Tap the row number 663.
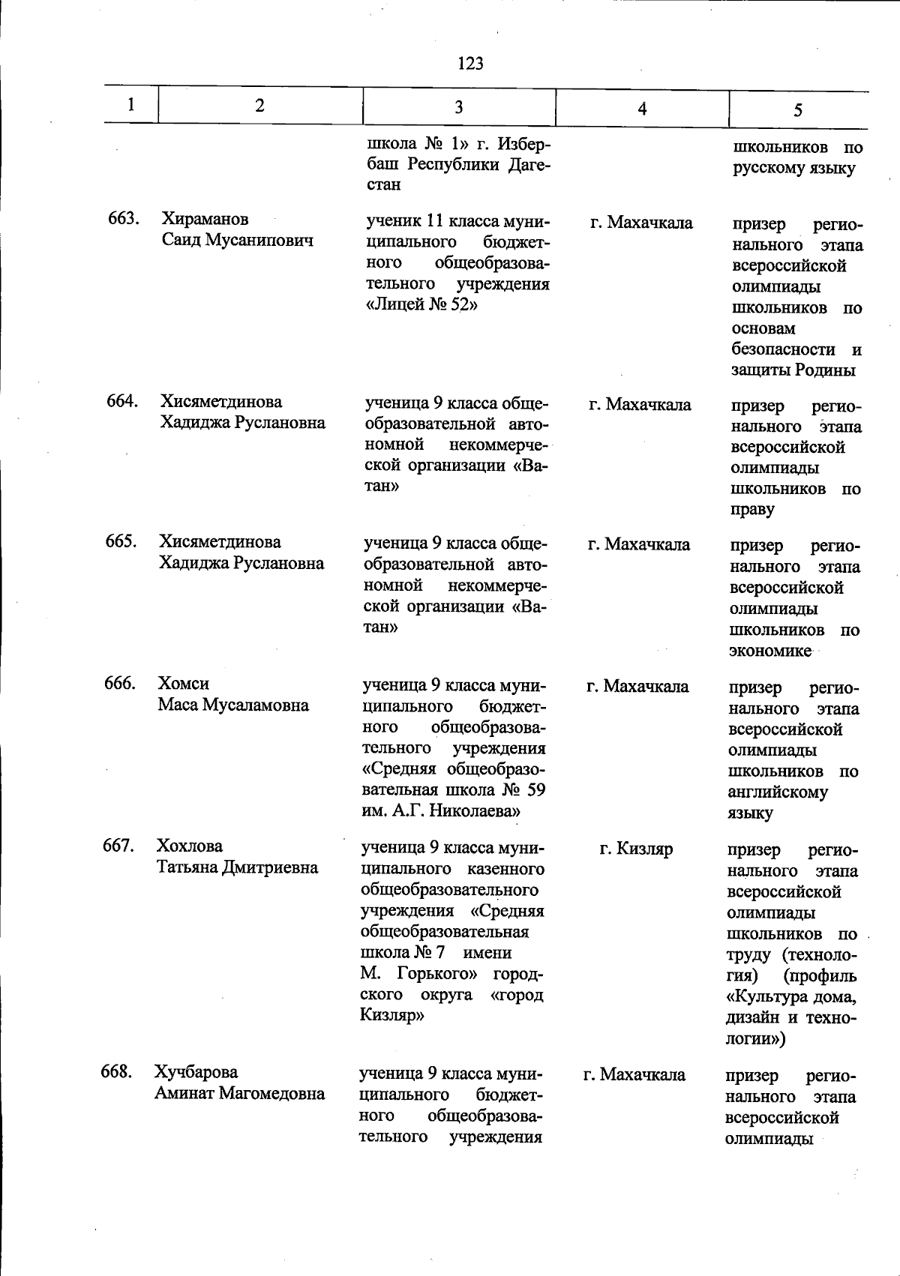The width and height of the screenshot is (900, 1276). (x=123, y=219)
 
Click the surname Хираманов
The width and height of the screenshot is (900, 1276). (x=205, y=220)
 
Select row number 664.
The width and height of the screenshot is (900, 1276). (x=121, y=401)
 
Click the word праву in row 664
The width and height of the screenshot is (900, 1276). (x=752, y=510)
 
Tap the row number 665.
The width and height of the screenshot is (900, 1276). (x=121, y=541)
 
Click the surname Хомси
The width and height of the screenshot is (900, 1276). (x=183, y=684)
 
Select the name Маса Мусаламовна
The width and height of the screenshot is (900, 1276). (x=232, y=705)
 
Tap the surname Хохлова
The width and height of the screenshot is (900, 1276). (x=189, y=846)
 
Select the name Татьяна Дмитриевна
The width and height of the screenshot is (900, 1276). (x=237, y=867)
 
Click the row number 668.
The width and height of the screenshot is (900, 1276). (x=117, y=1071)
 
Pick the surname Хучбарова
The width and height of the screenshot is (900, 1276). (x=196, y=1072)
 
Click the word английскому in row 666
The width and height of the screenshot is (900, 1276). (x=777, y=792)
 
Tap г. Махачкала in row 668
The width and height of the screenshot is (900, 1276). (x=634, y=1074)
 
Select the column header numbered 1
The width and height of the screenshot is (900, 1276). (x=131, y=104)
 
